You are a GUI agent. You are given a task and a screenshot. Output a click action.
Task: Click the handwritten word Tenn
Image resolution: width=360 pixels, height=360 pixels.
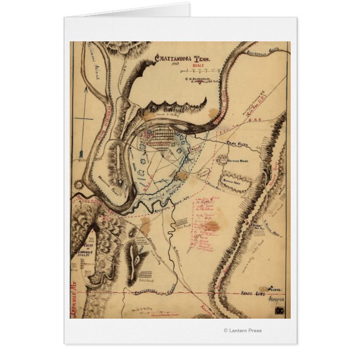pos(274,289)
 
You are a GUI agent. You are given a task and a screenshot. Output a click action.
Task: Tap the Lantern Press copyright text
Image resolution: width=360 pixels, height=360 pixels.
pos(242,330)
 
